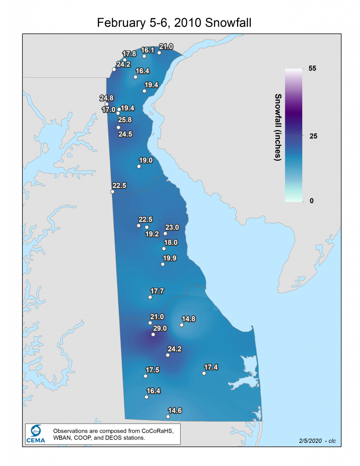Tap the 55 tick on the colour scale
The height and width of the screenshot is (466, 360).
tap(312, 69)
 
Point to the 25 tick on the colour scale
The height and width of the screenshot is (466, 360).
tap(312, 136)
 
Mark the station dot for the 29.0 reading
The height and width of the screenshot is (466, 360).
tap(153, 334)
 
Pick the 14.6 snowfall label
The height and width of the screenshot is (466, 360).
tap(175, 410)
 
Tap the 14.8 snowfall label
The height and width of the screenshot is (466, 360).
tap(188, 319)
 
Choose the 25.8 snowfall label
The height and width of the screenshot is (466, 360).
tap(125, 120)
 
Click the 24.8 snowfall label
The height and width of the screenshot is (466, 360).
tap(106, 98)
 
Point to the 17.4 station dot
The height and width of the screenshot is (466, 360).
tap(204, 374)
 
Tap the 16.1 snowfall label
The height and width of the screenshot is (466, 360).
tap(148, 50)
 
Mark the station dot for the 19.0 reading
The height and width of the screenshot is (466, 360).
tap(139, 167)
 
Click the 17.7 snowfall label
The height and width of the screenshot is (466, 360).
tap(157, 291)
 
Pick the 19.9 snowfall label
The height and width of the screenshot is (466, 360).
tap(170, 258)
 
